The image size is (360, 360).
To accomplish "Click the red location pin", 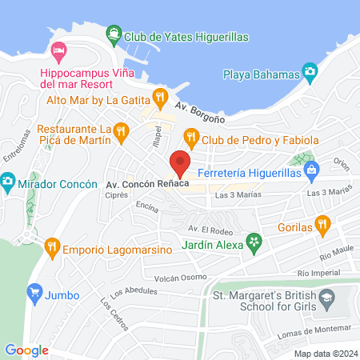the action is pyautogui.click(x=181, y=162).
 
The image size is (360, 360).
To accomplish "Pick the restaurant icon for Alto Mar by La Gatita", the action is pyautogui.click(x=160, y=98).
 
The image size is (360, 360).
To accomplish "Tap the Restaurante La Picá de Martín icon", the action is pyautogui.click(x=121, y=130).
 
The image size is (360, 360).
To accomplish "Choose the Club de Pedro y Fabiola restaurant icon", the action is pyautogui.click(x=191, y=138).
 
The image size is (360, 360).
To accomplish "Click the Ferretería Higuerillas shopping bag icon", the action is pyautogui.click(x=312, y=169).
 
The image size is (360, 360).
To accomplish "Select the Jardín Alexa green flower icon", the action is pyautogui.click(x=254, y=240).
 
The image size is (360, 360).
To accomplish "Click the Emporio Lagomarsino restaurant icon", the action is pyautogui.click(x=53, y=245).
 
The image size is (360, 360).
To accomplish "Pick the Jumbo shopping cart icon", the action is pyautogui.click(x=35, y=295).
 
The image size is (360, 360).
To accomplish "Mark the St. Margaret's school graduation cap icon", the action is pyautogui.click(x=327, y=302).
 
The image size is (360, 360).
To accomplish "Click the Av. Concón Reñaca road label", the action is pyautogui.click(x=148, y=185).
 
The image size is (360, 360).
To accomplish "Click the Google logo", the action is pyautogui.click(x=26, y=350).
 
